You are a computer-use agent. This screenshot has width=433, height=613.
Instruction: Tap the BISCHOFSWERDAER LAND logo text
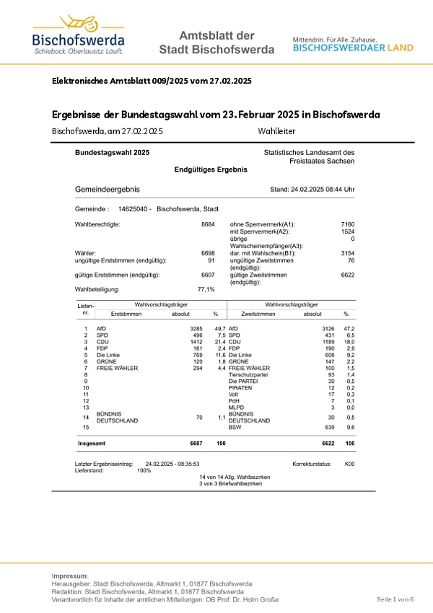[353, 48]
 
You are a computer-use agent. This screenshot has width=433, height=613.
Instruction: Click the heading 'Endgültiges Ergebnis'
[211, 169]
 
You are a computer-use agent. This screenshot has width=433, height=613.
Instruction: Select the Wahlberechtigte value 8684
[208, 225]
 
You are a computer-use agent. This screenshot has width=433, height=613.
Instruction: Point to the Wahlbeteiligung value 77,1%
[206, 289]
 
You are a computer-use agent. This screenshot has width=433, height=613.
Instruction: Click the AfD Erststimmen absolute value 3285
[196, 329]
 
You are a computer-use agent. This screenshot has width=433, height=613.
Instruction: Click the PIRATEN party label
[241, 388]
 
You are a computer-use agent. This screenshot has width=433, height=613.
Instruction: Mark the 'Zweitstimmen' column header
[259, 314]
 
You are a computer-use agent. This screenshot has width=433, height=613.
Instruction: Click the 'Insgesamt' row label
[92, 442]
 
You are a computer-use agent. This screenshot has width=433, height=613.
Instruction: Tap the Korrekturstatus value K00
[349, 464]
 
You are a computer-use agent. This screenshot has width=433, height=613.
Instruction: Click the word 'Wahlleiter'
[276, 131]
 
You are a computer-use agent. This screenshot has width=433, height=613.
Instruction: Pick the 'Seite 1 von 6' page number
[395, 599]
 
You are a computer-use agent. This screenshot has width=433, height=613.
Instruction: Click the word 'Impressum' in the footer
[69, 576]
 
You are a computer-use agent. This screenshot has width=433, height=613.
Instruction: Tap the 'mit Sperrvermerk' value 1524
[347, 231]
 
